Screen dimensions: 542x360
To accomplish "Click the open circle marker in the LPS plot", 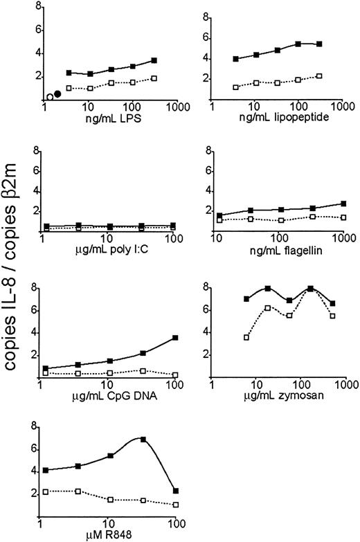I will (51, 97).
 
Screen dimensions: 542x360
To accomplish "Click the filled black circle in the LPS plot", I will (59, 94).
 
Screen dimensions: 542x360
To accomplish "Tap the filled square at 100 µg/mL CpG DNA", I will (176, 338).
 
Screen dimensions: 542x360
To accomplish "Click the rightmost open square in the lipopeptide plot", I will (319, 75).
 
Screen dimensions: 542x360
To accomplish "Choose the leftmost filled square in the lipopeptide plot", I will (236, 59).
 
